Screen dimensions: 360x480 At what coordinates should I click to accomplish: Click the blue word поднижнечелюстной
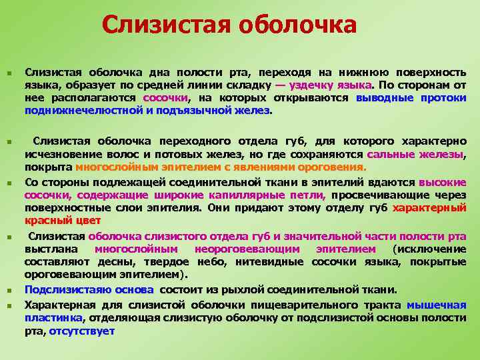81,110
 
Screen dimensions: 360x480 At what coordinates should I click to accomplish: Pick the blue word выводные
385,97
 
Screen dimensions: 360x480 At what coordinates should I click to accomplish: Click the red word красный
45,220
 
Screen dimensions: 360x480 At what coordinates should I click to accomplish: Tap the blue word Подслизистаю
61,289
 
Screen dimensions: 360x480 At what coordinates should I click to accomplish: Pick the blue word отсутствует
82,331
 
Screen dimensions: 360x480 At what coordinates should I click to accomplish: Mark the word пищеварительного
300,305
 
